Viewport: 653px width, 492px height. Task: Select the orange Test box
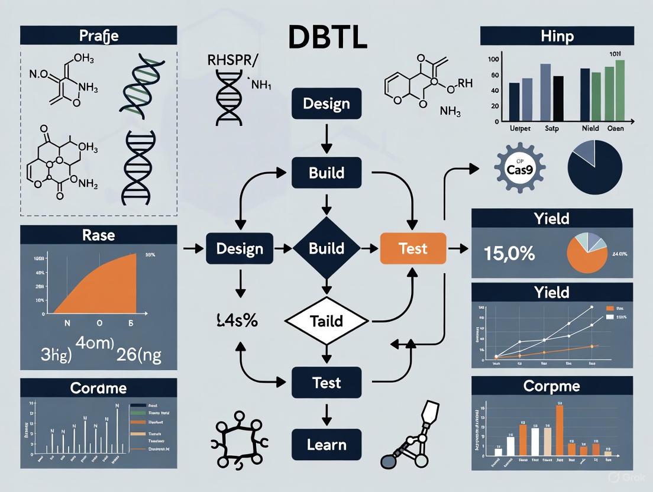pyautogui.click(x=412, y=248)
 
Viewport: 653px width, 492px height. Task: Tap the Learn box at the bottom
pyautogui.click(x=326, y=445)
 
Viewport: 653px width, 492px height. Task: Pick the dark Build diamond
pyautogui.click(x=326, y=248)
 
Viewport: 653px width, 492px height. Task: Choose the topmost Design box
pyautogui.click(x=326, y=103)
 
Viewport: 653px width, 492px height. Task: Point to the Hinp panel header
pyautogui.click(x=557, y=35)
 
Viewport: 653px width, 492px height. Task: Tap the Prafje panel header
pyautogui.click(x=99, y=35)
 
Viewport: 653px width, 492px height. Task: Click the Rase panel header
pyautogui.click(x=99, y=235)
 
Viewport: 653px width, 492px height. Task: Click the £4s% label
pyautogui.click(x=237, y=322)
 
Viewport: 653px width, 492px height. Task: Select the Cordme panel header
pyautogui.click(x=99, y=388)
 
